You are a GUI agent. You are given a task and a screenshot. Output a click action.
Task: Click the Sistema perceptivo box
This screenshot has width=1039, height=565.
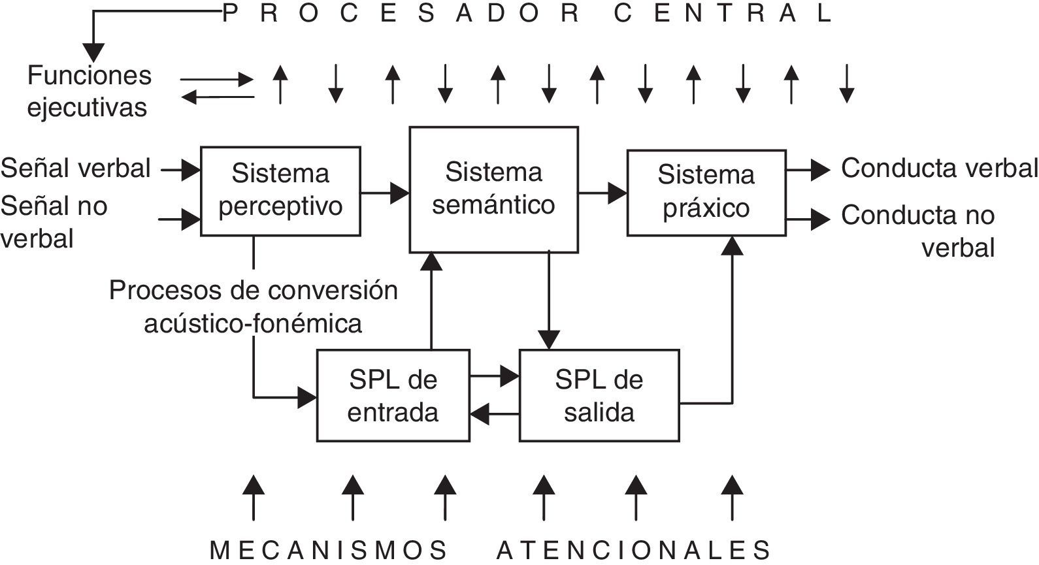(x=280, y=191)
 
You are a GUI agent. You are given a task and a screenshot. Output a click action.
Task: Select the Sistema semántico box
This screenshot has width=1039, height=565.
(x=493, y=189)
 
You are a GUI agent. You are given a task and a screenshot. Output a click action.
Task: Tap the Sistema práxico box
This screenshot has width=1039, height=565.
(x=706, y=192)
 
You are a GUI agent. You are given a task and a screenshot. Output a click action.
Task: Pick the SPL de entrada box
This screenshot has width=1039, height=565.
(x=393, y=396)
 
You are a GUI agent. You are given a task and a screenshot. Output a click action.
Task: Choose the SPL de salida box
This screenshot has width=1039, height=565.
(x=599, y=396)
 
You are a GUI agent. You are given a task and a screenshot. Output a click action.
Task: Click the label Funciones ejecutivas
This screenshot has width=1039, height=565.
(x=89, y=91)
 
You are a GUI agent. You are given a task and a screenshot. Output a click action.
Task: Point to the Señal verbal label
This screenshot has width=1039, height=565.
(x=76, y=169)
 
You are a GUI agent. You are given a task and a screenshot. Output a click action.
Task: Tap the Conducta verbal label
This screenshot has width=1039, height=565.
(x=939, y=169)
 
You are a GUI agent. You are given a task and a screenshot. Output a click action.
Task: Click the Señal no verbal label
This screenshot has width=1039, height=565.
(x=54, y=222)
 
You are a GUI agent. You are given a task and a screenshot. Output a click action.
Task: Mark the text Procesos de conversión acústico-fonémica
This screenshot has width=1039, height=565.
(x=254, y=306)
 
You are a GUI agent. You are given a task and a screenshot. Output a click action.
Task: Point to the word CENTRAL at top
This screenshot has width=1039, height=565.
(x=723, y=14)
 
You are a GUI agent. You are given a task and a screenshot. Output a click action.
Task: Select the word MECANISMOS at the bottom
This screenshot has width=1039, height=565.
(x=329, y=549)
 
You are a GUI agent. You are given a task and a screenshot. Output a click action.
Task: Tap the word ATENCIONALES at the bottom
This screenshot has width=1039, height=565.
(x=634, y=549)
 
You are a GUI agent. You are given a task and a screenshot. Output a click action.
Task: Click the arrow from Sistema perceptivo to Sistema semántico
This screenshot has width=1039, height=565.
(x=385, y=193)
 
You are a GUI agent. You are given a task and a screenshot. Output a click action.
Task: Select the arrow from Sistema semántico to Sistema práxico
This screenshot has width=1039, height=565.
(x=602, y=193)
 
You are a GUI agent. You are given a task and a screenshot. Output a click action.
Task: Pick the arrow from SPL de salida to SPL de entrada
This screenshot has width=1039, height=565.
(x=495, y=413)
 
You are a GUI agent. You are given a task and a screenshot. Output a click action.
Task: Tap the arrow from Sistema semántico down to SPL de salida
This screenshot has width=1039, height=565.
(x=549, y=300)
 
